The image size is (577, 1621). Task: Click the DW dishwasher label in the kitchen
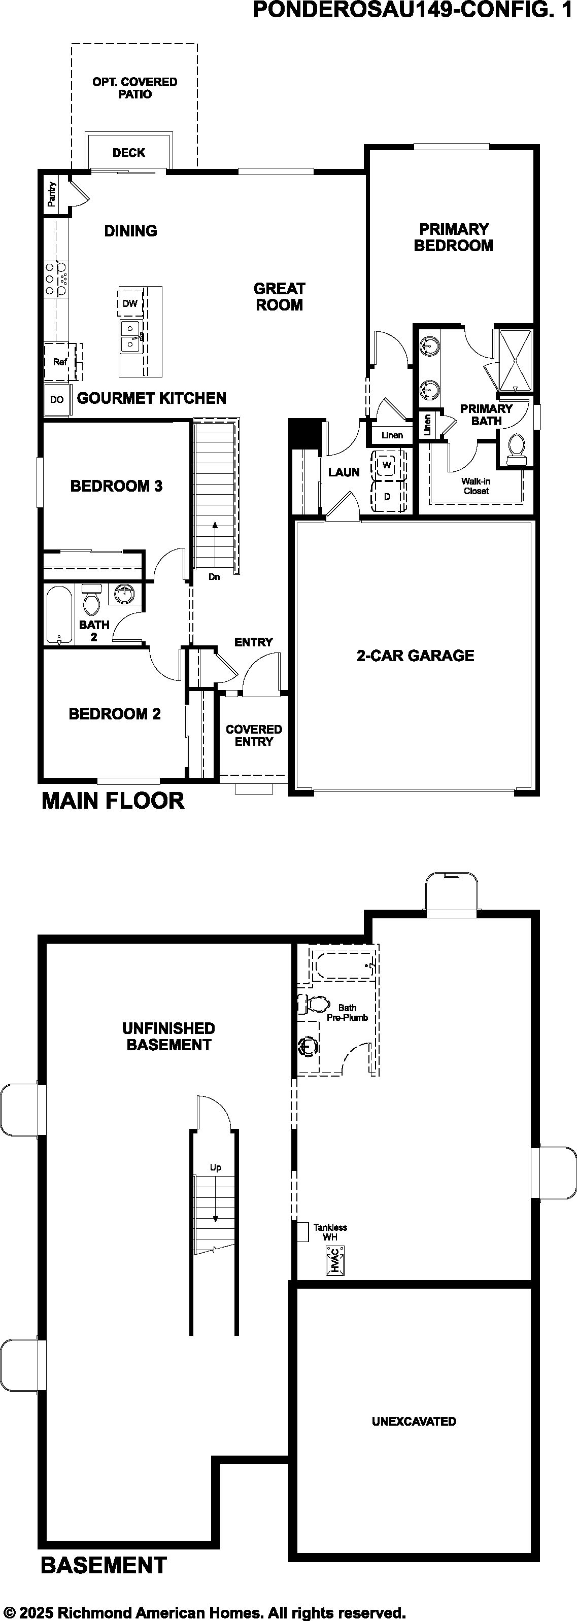click(x=129, y=303)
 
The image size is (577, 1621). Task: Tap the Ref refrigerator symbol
click(x=60, y=362)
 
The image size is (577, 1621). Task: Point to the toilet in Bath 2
click(x=92, y=600)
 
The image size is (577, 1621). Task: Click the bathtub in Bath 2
click(x=59, y=615)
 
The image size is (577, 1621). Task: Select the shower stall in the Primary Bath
click(x=515, y=360)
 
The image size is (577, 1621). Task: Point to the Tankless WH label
click(x=330, y=1232)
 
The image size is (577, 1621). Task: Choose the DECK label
click(x=128, y=152)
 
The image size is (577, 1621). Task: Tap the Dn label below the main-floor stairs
click(x=215, y=576)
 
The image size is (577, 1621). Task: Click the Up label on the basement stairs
click(x=215, y=1167)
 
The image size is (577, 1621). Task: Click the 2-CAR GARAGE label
click(x=415, y=656)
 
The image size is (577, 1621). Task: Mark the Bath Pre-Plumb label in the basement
click(x=347, y=1013)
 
